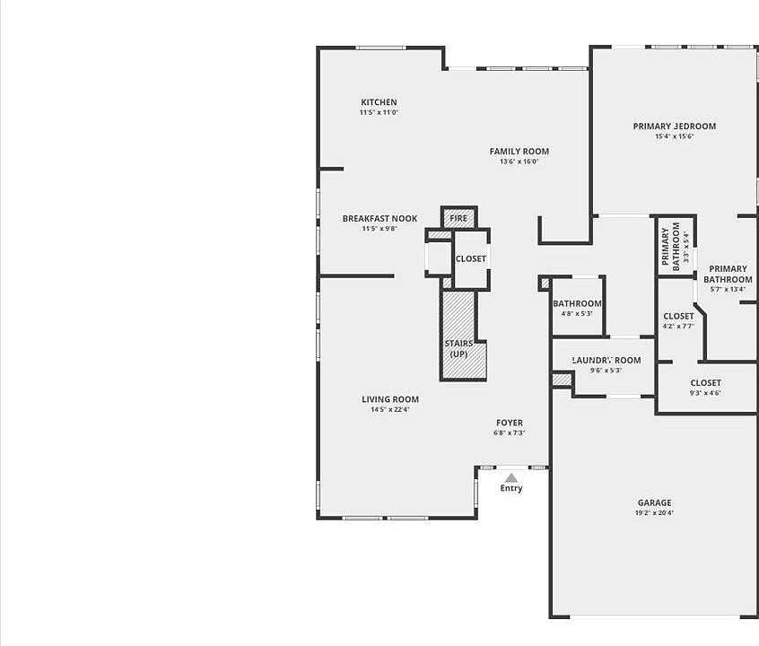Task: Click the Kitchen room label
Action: [x=379, y=102]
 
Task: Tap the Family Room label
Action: [x=519, y=152]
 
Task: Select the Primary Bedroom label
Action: [x=674, y=127]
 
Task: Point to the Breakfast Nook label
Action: [x=379, y=218]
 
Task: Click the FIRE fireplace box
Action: [x=458, y=218]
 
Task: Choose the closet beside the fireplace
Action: [x=470, y=258]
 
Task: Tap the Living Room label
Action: [x=390, y=399]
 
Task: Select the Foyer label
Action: [x=510, y=423]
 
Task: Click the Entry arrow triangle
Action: [x=510, y=478]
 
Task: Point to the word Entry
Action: [x=510, y=489]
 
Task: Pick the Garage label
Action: [x=654, y=502]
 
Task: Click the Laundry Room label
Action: [x=606, y=361]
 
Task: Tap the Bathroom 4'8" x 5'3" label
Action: [x=577, y=304]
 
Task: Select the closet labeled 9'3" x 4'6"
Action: [x=705, y=383]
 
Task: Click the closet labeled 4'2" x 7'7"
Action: [x=678, y=316]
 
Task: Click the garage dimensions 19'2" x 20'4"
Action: [x=654, y=514]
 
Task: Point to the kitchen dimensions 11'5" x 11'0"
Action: [x=379, y=113]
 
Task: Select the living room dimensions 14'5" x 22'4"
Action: [x=390, y=410]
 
